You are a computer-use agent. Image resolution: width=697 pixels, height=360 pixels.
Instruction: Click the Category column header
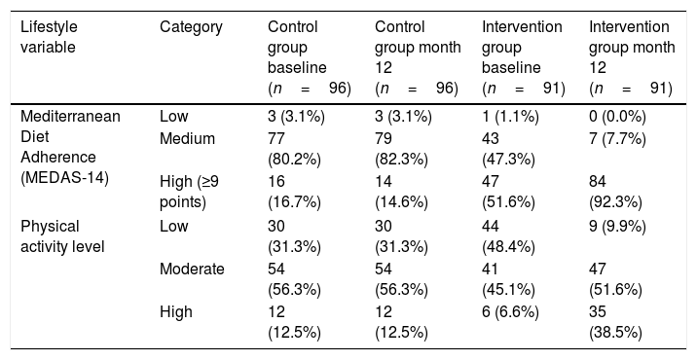click(x=191, y=27)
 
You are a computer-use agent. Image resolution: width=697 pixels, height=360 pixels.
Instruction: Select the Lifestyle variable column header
click(x=49, y=37)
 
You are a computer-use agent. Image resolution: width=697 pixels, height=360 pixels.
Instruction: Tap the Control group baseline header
click(x=310, y=57)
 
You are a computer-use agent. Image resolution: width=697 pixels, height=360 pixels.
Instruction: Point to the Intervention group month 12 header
click(x=632, y=57)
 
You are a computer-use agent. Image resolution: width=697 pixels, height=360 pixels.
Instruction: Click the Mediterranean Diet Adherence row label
click(x=70, y=147)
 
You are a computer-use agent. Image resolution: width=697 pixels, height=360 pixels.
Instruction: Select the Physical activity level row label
click(x=62, y=236)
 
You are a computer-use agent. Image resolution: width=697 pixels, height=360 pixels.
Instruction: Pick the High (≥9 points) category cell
click(x=190, y=192)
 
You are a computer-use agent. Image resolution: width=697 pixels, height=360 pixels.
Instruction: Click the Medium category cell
click(x=187, y=139)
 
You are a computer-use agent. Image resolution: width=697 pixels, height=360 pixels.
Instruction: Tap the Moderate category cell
click(x=192, y=269)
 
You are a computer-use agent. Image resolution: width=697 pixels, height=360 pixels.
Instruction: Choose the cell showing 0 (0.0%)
click(x=617, y=117)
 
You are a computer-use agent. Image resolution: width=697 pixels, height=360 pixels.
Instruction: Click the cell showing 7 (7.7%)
click(x=617, y=139)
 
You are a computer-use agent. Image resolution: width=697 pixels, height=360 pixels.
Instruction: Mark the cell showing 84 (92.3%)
click(x=615, y=192)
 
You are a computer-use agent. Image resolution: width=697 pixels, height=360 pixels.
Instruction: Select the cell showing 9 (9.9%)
click(x=617, y=227)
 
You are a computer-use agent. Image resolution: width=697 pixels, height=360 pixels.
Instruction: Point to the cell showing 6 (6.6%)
click(x=510, y=312)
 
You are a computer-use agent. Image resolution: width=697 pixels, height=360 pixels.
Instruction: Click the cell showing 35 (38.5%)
click(x=615, y=322)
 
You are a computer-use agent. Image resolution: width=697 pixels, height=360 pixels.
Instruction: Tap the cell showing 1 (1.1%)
click(x=510, y=117)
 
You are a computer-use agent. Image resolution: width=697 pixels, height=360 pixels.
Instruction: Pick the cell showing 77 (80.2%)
click(x=294, y=149)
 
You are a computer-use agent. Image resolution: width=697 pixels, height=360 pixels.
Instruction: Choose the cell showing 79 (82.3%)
click(x=401, y=149)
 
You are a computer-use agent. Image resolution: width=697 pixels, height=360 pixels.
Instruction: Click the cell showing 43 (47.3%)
click(x=508, y=149)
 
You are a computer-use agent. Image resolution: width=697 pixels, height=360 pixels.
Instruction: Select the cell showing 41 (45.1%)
click(x=508, y=279)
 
